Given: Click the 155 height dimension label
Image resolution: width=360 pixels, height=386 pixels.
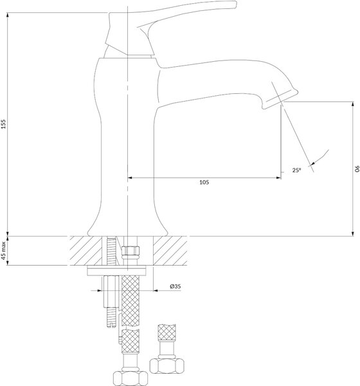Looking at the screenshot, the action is (x=3, y=124).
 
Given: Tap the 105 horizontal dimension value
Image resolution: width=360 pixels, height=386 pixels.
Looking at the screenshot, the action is (x=204, y=183).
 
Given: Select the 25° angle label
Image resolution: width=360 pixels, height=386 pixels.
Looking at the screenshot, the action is (x=296, y=170).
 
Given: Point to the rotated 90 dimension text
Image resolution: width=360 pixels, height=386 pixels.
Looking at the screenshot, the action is (x=357, y=169).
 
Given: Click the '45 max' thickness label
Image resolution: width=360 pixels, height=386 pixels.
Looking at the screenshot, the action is (x=3, y=251).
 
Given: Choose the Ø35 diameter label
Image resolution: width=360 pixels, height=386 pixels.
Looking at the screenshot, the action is (x=175, y=286).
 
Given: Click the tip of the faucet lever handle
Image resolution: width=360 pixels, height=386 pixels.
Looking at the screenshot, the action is (x=235, y=5).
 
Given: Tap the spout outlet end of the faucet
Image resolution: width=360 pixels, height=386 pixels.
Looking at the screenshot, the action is (x=280, y=100).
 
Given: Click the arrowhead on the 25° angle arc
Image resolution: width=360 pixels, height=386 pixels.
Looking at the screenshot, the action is (x=312, y=163).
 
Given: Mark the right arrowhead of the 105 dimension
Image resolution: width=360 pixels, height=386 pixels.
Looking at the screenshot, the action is (x=278, y=178).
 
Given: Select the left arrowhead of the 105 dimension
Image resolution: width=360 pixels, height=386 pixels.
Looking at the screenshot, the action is (x=130, y=178).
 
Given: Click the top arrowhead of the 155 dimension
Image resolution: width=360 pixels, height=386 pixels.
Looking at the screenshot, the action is (x=8, y=15).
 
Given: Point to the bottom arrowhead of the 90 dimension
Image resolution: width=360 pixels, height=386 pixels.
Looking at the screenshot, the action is (x=354, y=234).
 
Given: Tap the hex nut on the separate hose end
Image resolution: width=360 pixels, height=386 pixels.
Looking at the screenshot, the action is (x=167, y=365).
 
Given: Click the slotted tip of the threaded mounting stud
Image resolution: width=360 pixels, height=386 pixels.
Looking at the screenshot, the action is (x=112, y=326).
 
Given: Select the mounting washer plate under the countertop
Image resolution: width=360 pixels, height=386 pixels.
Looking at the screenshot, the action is (x=116, y=271).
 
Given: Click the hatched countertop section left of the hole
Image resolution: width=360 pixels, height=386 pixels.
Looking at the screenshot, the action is (x=85, y=251).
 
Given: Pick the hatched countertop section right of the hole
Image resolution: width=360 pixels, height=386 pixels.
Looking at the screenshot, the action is (x=170, y=251).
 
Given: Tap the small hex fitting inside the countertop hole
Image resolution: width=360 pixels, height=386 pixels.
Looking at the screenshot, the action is (x=130, y=251).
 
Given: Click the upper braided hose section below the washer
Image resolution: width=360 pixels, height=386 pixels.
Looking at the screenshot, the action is (x=130, y=300).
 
